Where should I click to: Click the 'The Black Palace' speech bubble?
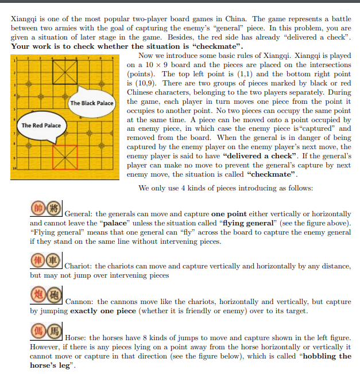[x=92, y=103]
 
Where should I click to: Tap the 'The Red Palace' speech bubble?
[x=41, y=126]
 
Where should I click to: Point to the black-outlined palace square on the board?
[x=65, y=71]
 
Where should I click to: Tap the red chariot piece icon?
[x=38, y=260]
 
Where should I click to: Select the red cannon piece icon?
[x=38, y=296]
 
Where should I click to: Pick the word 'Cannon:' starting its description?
[x=80, y=302]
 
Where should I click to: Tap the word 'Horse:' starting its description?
[x=77, y=337]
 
